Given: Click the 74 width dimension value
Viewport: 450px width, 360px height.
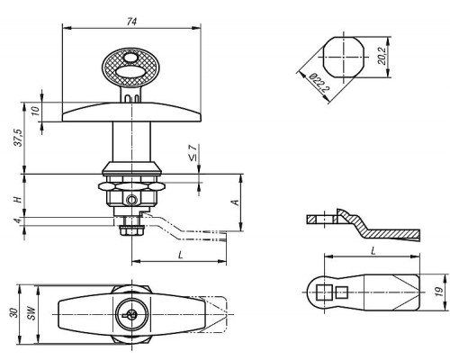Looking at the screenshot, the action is click(131, 22).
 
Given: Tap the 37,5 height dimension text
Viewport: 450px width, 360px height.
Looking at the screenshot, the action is click(19, 138).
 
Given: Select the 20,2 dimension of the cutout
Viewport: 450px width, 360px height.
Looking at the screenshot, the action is click(382, 56).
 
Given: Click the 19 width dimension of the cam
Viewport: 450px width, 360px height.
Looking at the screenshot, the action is click(439, 292).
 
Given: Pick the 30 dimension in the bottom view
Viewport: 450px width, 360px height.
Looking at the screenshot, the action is click(13, 313).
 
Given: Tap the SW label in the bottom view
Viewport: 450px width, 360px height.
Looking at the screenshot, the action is click(31, 313).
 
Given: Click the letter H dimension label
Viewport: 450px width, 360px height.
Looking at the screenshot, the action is click(18, 199).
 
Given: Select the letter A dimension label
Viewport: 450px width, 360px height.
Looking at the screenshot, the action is click(236, 202).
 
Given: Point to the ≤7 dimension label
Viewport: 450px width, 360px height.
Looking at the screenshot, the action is click(193, 153).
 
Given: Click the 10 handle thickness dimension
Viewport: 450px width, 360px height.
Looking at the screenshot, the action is click(35, 112).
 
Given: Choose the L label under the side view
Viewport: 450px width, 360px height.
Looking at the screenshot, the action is click(180, 256).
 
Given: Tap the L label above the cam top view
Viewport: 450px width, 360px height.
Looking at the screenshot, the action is click(373, 251).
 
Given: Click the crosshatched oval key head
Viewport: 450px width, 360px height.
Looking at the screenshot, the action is click(130, 68).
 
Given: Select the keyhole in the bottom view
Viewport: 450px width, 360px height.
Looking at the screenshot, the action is click(130, 314).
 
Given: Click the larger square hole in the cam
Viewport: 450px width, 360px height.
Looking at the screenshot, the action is click(324, 292).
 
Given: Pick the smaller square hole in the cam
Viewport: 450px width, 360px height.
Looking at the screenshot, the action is click(342, 292).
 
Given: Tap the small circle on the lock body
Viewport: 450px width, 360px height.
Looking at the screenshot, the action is click(131, 199).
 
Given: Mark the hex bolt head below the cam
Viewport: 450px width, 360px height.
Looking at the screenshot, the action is click(130, 231).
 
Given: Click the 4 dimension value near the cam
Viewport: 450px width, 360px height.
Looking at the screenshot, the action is click(18, 220).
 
